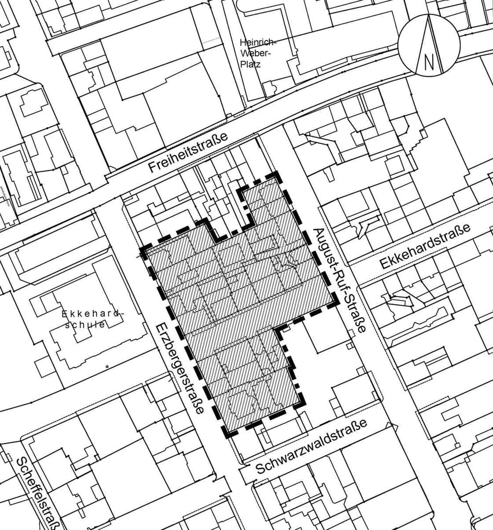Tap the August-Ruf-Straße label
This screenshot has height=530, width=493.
pyautogui.click(x=339, y=281)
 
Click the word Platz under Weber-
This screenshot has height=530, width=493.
pyautogui.click(x=250, y=64)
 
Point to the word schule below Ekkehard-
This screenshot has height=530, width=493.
pyautogui.click(x=87, y=324)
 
